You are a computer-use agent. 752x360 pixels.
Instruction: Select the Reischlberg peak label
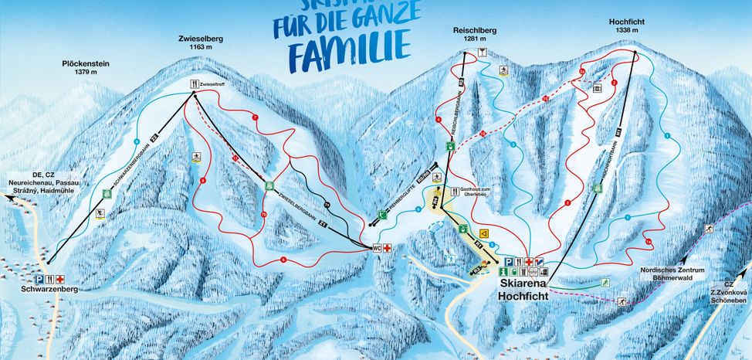474,34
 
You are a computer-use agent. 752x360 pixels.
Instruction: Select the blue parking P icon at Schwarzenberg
38,279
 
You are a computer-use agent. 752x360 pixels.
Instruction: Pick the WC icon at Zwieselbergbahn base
378,248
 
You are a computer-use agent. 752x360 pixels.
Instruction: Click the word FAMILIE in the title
349,47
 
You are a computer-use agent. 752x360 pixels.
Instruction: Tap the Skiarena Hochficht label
522,290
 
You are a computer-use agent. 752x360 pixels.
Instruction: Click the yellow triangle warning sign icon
484,231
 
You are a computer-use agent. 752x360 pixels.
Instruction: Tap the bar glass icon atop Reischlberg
483,53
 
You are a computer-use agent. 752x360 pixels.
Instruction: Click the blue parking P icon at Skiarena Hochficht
509,262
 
